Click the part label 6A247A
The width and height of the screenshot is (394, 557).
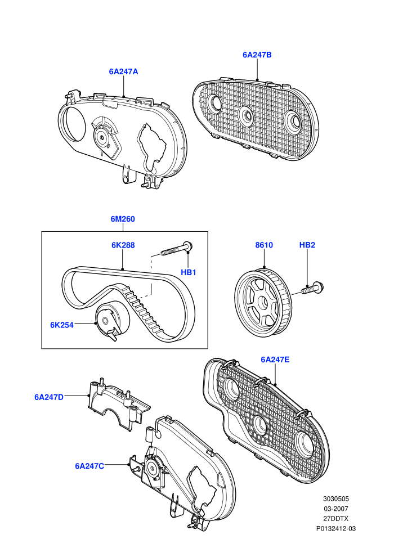coord(123,71)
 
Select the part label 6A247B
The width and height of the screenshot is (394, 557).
coord(257,55)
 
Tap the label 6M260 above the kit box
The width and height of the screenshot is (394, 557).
coord(123,219)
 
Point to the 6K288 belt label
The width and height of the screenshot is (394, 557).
coord(123,245)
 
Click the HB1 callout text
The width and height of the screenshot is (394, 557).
coord(189,272)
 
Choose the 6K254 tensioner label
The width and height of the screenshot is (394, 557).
coord(62,325)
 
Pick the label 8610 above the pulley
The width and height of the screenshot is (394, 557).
coord(264,245)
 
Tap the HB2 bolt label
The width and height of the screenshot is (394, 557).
coord(307,245)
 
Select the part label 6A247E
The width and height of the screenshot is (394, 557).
coord(275,360)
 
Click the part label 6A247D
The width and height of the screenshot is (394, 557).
coord(49,397)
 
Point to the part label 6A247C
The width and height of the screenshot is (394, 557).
coord(89,466)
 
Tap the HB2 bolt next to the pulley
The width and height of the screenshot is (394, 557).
coord(312,288)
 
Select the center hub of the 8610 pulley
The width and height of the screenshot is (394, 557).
coord(263,303)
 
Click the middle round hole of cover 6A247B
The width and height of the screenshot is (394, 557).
coord(245,115)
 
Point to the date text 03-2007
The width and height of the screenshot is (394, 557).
coord(335,509)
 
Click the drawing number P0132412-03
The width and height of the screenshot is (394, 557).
coord(335,528)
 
